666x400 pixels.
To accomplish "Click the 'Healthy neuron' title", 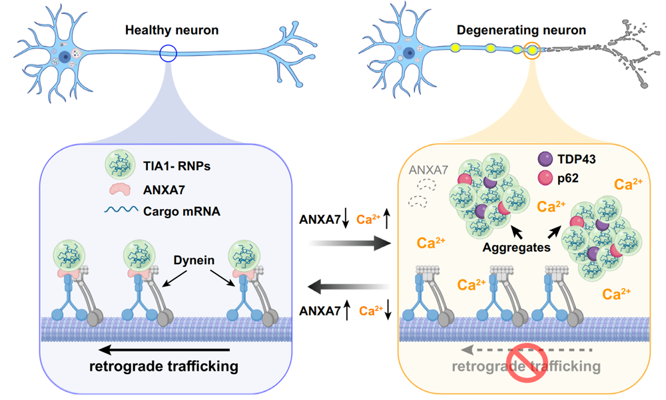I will pos(172,30).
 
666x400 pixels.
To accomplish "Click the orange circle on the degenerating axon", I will pos(532,50).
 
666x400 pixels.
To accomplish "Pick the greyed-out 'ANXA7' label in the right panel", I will pos(428,170).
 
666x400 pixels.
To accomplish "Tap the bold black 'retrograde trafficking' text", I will pos(163,367).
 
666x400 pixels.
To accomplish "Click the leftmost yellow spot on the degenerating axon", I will pos(456,47).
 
